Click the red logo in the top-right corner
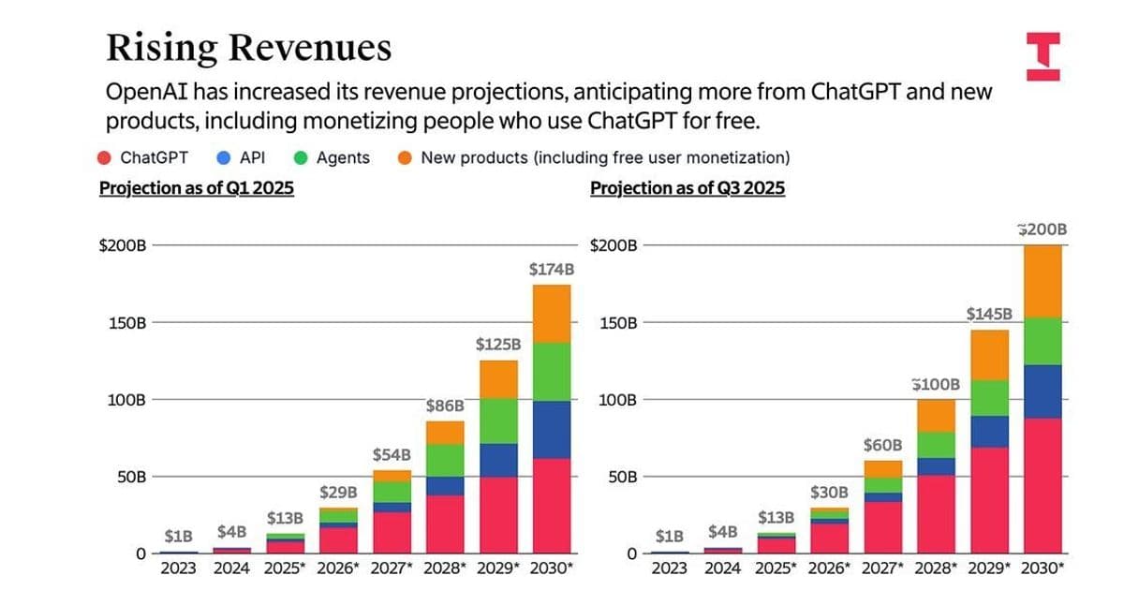pos(1043,56)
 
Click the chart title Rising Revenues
pos(248,47)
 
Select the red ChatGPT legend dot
pos(106,157)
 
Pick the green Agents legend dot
pos(302,157)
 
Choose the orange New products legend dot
pos(405,157)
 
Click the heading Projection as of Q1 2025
pos(197,188)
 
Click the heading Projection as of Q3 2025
pos(688,188)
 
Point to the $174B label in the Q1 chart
pos(552,270)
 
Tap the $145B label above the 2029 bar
pos(989,314)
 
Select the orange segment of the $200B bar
pos(1043,281)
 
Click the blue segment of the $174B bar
pos(552,429)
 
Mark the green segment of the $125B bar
pos(498,420)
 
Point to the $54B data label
pos(392,455)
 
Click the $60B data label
pos(882,445)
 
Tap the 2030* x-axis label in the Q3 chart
pos(1043,568)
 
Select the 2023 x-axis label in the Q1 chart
pos(178,568)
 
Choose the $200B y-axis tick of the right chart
pos(614,246)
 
